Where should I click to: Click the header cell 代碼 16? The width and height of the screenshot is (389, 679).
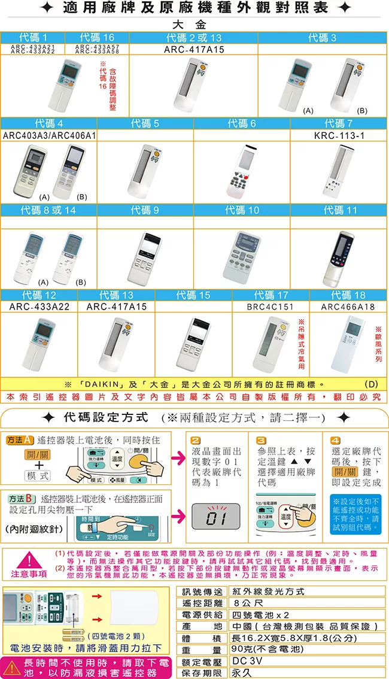(96, 38)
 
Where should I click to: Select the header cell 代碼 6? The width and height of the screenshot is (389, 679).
(242, 124)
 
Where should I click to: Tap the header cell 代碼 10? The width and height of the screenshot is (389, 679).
(242, 210)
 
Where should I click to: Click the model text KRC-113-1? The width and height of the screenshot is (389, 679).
(339, 136)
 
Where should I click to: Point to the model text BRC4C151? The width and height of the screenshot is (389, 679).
(271, 307)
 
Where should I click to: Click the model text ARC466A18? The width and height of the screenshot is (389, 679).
(348, 307)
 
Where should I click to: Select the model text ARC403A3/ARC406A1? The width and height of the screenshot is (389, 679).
(49, 136)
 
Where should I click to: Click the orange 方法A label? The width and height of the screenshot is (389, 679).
(20, 439)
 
